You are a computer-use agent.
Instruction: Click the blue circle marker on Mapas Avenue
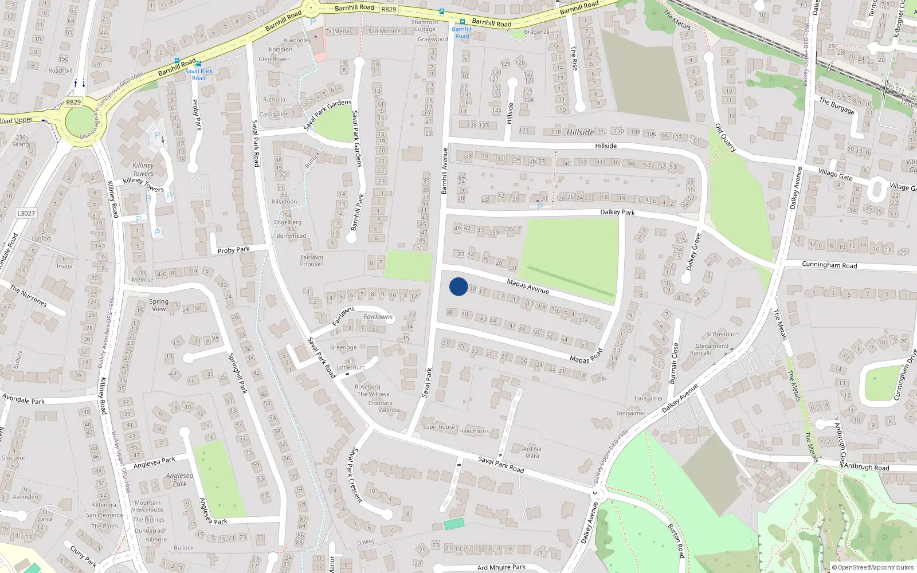click(458, 286)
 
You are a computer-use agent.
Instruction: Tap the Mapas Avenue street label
click(528, 286)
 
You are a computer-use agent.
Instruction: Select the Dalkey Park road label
click(617, 212)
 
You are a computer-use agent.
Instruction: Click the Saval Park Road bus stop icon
click(198, 64)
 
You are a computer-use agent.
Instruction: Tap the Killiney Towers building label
click(143, 169)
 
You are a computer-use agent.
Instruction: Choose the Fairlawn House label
click(312, 261)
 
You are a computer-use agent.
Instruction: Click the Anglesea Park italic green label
click(179, 480)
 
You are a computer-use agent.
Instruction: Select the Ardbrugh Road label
click(867, 467)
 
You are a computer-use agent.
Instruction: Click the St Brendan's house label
click(723, 334)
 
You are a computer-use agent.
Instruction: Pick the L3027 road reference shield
click(26, 213)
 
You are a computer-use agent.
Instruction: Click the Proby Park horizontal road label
click(233, 250)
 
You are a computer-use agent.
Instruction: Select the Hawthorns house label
click(473, 431)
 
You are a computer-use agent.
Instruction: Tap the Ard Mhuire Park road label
click(501, 567)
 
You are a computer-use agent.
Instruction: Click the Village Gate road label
click(835, 174)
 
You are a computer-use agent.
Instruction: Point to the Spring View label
click(159, 305)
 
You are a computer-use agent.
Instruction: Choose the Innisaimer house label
click(648, 398)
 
